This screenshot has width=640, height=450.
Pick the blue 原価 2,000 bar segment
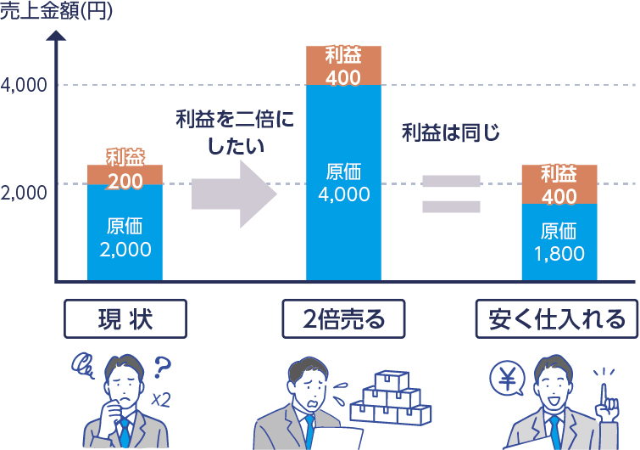point(125,233)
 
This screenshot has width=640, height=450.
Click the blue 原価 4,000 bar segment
point(342,183)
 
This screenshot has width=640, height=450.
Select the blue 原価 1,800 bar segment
point(559,242)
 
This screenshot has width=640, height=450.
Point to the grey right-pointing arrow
point(233,194)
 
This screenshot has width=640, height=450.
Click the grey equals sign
point(452,194)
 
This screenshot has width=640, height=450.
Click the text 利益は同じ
point(451,132)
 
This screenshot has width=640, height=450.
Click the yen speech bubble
point(507,381)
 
